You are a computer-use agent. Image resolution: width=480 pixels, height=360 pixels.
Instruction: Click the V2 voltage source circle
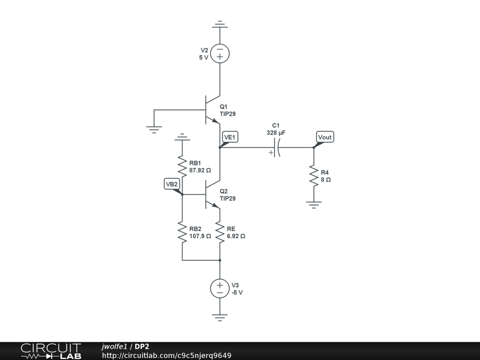(x=219, y=53)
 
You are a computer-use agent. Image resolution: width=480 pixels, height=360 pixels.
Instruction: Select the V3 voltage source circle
(x=219, y=288)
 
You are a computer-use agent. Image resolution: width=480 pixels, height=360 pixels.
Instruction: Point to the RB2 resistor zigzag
(x=182, y=232)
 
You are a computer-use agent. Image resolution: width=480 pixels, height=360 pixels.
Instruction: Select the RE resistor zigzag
(x=219, y=232)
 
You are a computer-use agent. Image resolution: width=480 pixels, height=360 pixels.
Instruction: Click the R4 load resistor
(x=313, y=176)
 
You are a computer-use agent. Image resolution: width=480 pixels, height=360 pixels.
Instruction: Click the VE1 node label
(x=231, y=137)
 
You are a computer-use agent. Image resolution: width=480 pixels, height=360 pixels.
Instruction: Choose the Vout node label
(x=325, y=137)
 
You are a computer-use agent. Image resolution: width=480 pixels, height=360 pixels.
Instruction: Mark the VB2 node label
(x=172, y=184)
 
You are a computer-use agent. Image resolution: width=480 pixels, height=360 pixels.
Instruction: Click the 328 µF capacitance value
(x=276, y=133)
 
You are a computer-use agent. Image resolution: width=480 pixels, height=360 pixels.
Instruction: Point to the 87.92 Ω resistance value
(x=200, y=170)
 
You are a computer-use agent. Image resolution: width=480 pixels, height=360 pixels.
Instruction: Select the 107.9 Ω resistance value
(x=200, y=236)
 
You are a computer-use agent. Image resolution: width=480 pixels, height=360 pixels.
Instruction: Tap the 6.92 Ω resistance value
(x=236, y=236)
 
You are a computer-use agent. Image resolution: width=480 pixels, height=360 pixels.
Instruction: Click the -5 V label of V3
(x=237, y=292)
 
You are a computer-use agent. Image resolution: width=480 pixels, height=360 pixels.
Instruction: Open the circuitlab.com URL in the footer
(x=166, y=355)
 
